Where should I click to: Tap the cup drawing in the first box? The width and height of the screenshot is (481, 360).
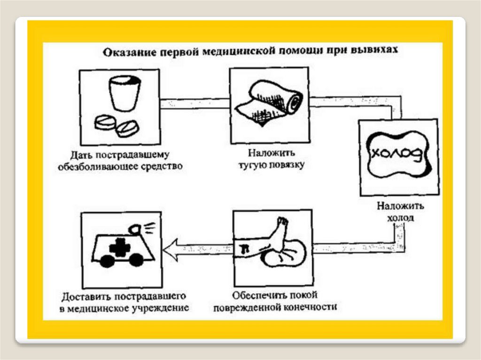pos(124,93)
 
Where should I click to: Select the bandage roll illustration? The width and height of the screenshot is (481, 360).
pos(271,103)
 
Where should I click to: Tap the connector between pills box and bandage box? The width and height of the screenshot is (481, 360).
pos(195,104)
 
